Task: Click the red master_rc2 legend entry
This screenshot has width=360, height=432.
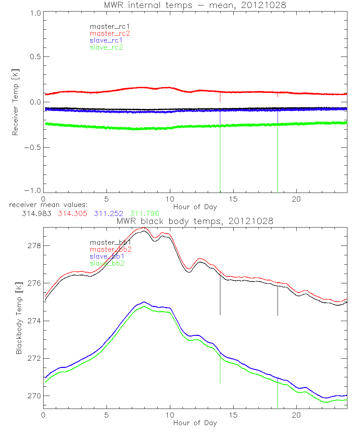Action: [109, 33]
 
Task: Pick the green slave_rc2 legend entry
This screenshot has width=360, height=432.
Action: [106, 47]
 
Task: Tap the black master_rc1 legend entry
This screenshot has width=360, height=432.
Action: [108, 27]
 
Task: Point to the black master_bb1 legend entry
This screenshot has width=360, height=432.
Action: [109, 242]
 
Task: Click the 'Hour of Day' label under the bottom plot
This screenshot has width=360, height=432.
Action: [195, 423]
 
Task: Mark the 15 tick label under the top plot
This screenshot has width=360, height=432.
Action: [233, 199]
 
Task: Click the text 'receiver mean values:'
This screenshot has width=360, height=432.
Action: [46, 206]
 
